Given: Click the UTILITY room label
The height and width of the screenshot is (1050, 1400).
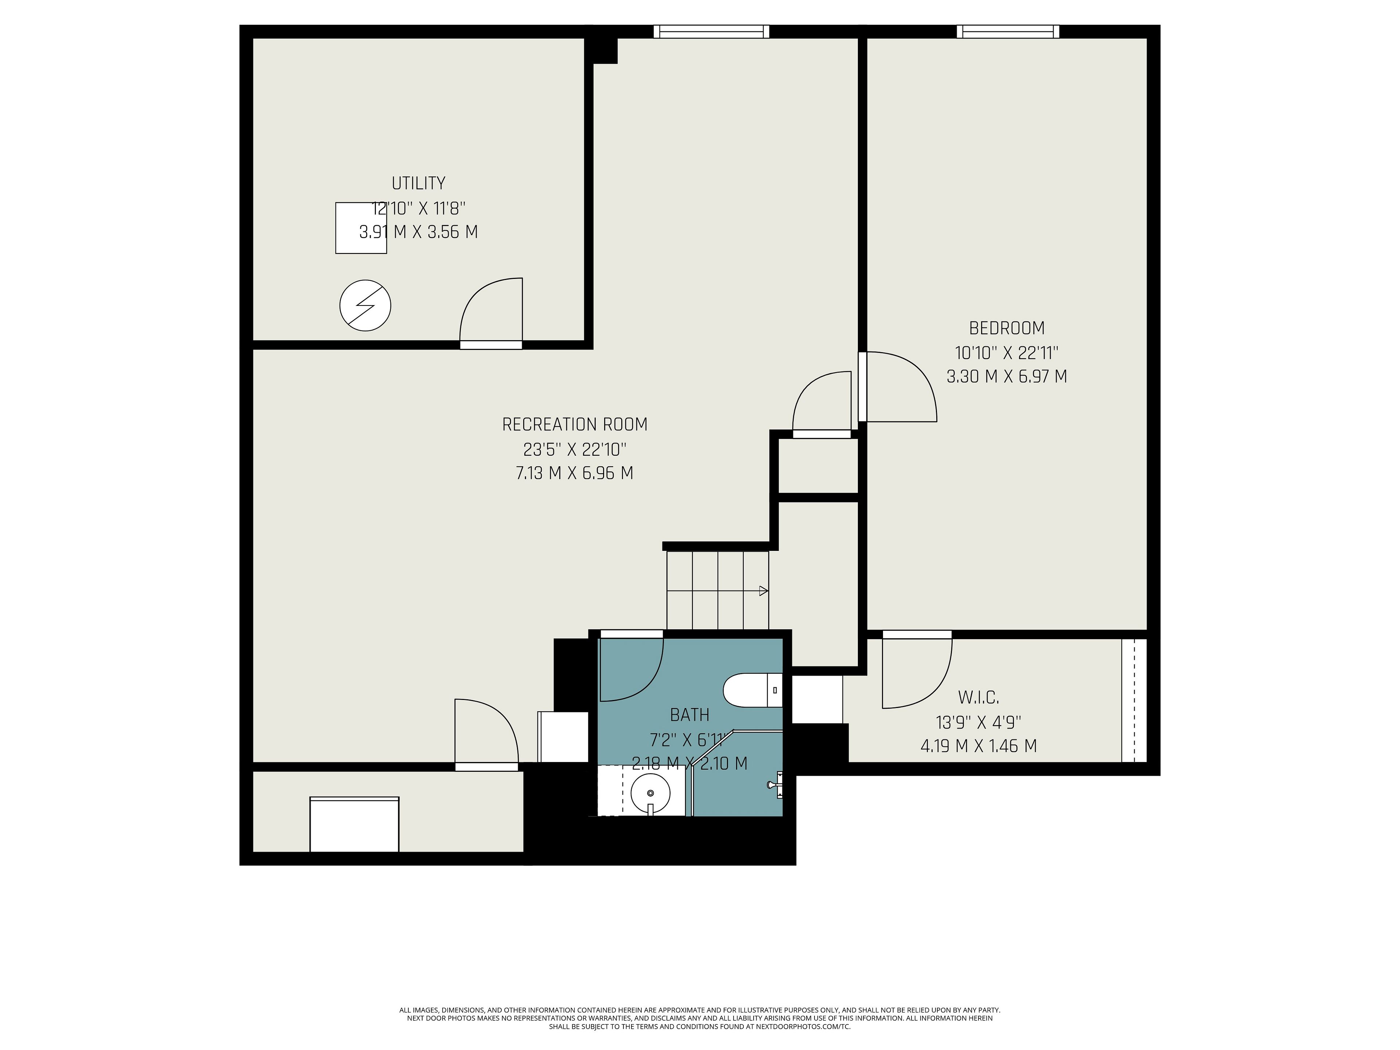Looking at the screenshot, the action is [x=418, y=183].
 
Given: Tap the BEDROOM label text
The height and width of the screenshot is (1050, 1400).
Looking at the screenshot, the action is [x=1007, y=328].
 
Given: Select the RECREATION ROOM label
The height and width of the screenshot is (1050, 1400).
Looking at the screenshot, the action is [x=575, y=424].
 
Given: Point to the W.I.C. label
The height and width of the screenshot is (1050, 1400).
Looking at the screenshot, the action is [x=979, y=697].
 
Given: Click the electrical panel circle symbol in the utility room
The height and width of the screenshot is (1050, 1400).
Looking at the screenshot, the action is [x=365, y=305].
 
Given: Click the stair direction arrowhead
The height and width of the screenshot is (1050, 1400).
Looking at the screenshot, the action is [x=764, y=591].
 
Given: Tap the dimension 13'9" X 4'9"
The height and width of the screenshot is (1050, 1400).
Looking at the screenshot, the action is [x=979, y=722].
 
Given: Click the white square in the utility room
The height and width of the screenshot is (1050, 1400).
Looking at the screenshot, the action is [x=361, y=228].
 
